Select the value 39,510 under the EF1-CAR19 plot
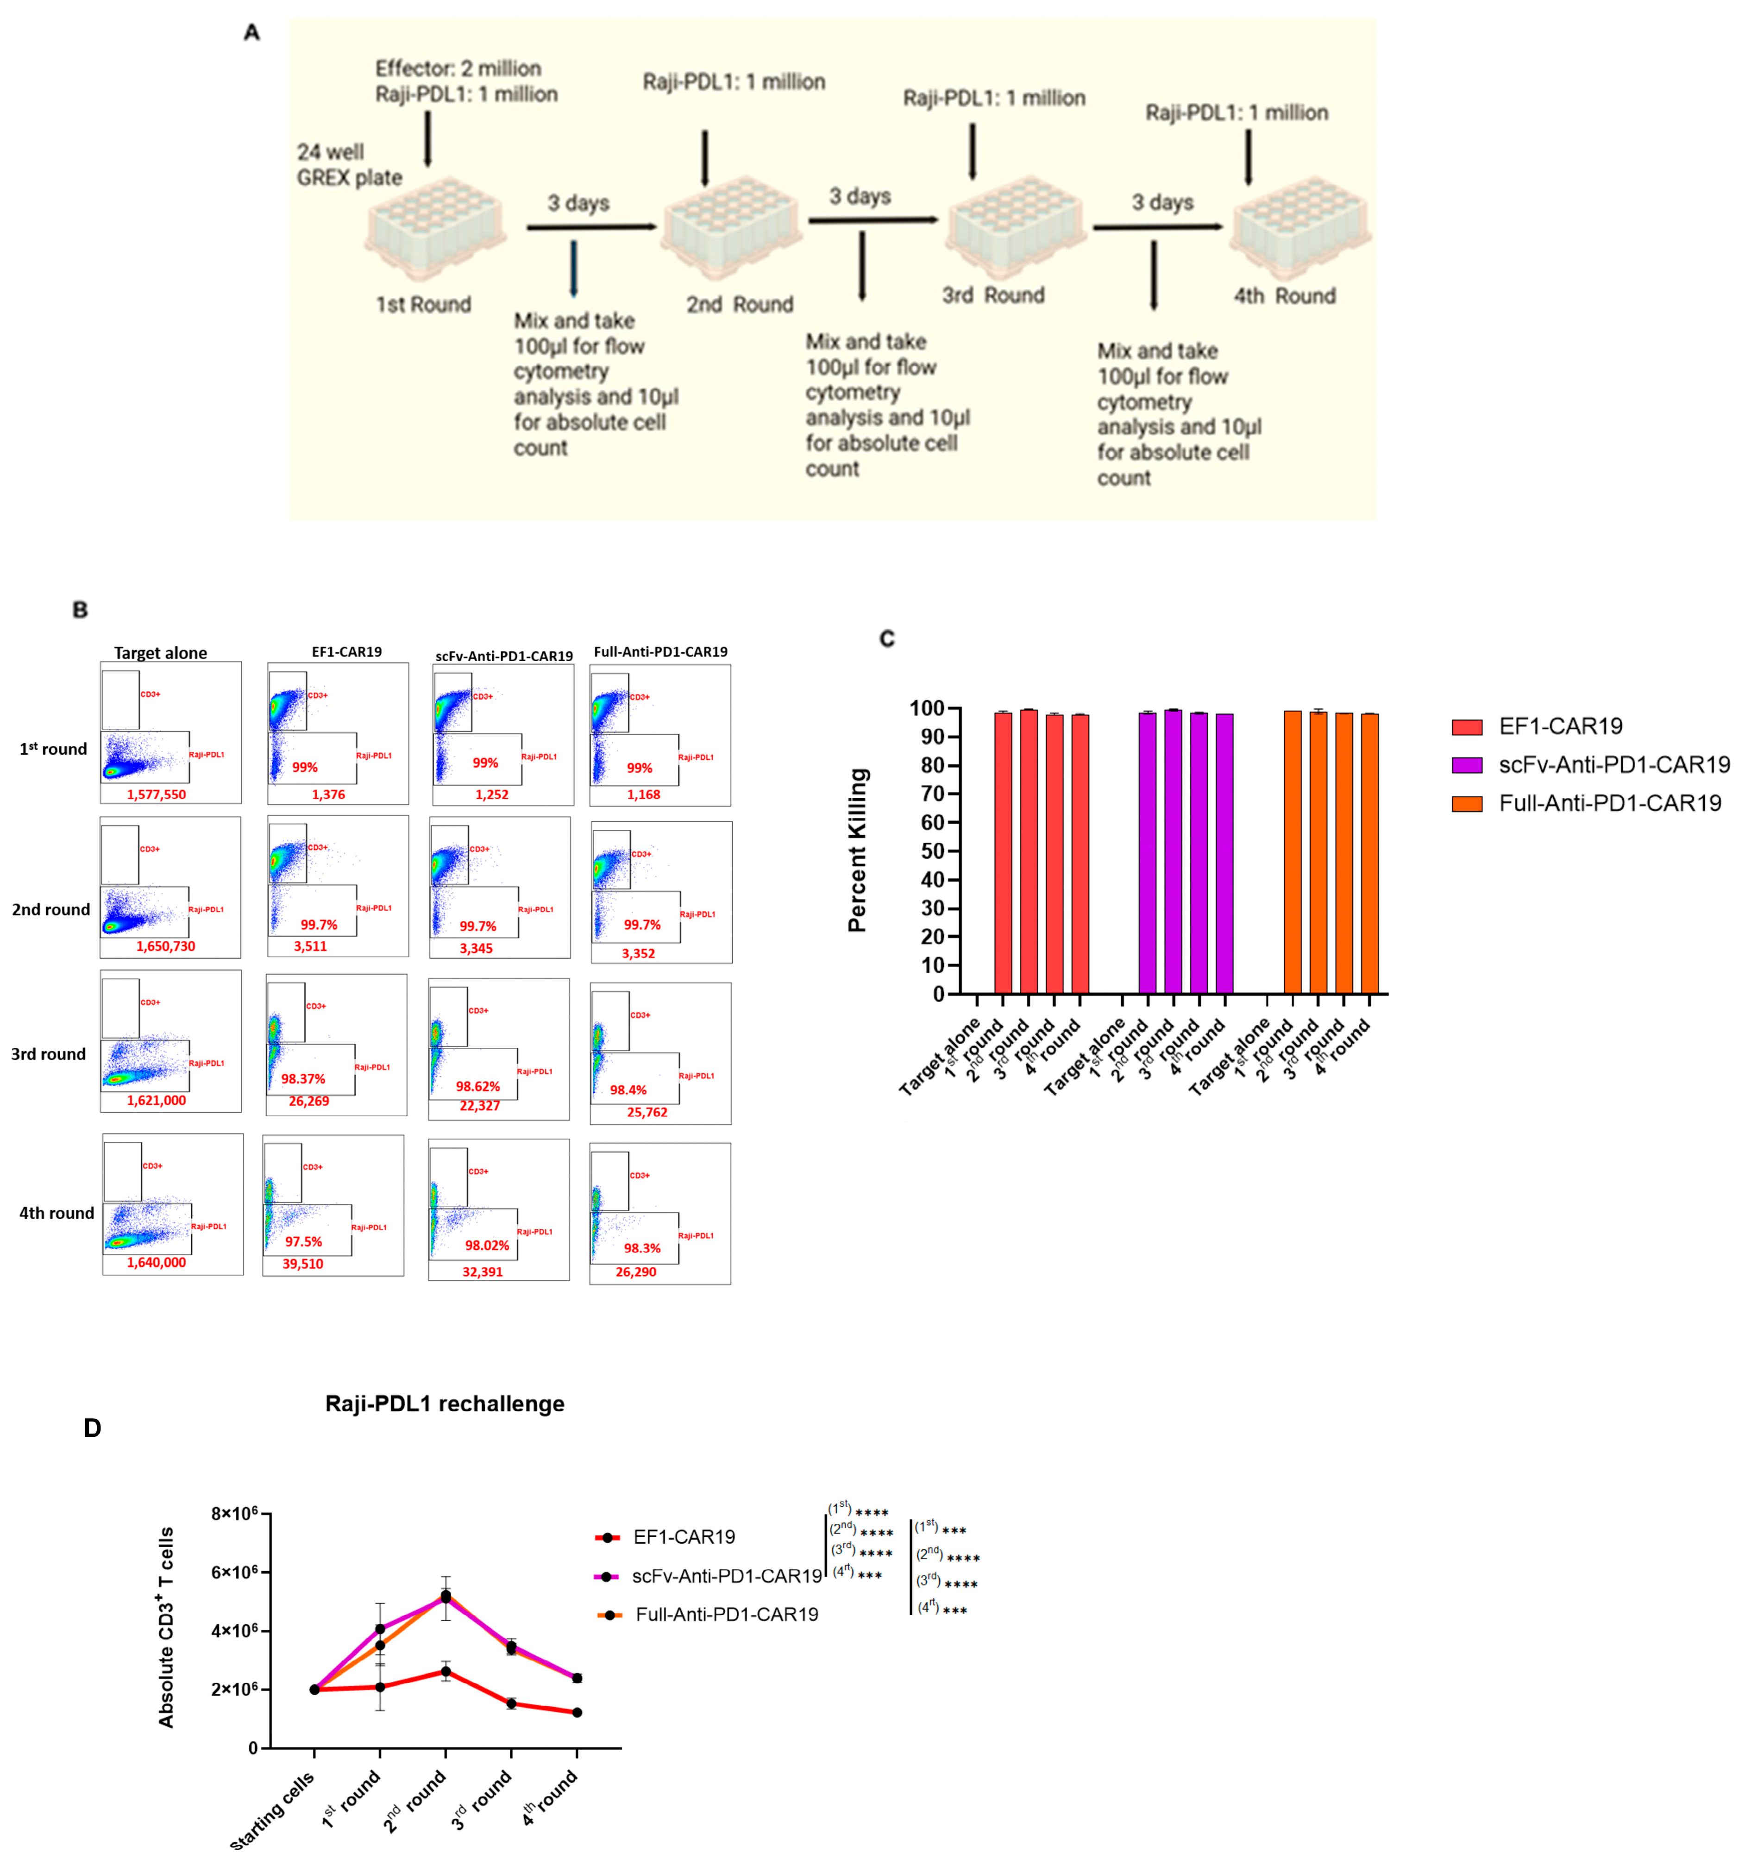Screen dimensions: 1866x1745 pos(302,1264)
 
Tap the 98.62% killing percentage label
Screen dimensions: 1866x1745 pos(478,1086)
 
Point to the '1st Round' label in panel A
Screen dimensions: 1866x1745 pos(423,304)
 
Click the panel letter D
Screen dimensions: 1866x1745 pos(92,1428)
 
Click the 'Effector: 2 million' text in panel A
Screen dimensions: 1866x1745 pos(458,69)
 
